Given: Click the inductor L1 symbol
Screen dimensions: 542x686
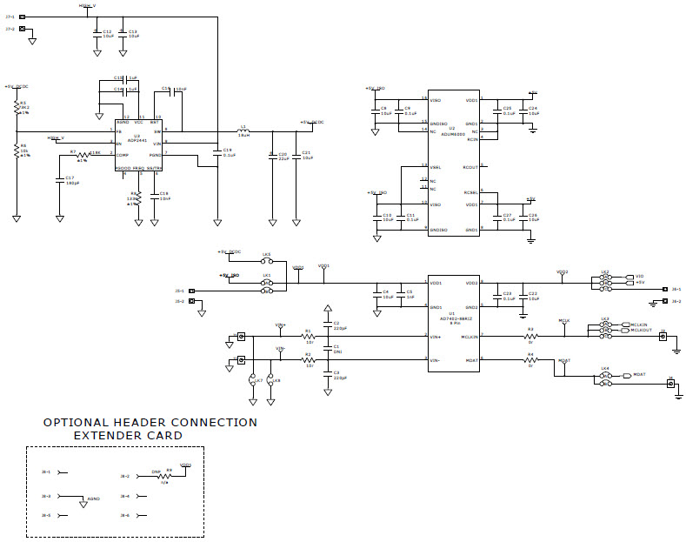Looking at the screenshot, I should (x=244, y=131).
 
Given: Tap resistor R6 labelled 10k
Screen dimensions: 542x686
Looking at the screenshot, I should (x=17, y=151).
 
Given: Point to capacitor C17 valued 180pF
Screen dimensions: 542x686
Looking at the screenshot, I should (x=60, y=180).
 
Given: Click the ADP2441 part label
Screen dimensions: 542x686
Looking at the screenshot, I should (x=137, y=139).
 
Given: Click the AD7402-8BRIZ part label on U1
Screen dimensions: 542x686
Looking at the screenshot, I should (x=451, y=318).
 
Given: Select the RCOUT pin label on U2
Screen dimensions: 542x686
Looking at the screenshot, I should (x=470, y=166).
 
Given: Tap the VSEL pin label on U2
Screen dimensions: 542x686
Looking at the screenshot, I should (x=436, y=166).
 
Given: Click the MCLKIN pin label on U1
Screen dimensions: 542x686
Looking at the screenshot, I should (x=470, y=336).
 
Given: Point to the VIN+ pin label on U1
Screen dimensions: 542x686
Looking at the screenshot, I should (x=436, y=336).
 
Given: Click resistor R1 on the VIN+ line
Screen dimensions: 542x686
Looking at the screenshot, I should (x=308, y=337).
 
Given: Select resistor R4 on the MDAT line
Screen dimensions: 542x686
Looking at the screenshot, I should (x=529, y=360).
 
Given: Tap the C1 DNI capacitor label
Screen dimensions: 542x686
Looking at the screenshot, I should (x=336, y=350).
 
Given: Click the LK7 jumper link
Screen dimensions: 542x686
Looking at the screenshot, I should (x=253, y=381).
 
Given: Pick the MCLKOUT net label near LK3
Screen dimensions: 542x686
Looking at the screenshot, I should (x=641, y=331).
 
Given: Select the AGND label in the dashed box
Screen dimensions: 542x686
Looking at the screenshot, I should (x=94, y=499).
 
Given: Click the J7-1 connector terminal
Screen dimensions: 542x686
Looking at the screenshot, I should (x=22, y=17).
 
